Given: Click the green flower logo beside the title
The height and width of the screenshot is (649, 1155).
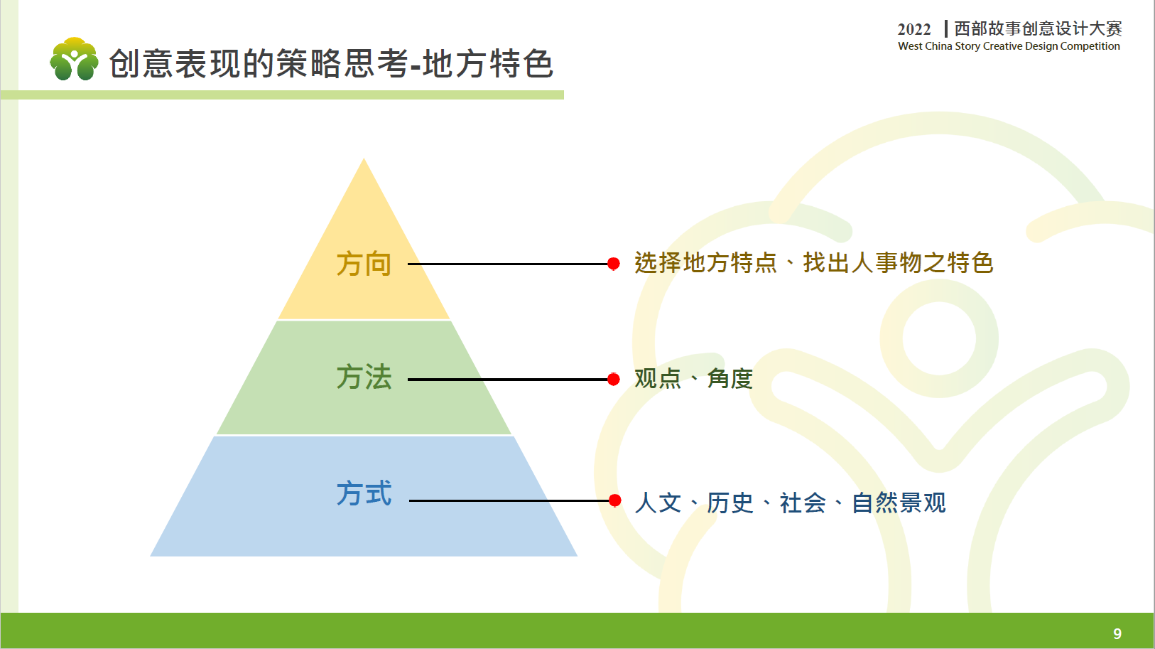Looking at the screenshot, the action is tap(75, 59).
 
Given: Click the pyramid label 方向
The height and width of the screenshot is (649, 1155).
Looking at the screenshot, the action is tap(364, 264).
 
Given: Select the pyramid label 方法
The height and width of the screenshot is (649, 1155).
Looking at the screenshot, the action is tap(364, 377).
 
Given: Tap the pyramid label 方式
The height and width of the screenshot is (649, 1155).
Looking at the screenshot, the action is tap(364, 493).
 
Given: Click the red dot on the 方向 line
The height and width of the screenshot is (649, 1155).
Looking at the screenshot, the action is tap(614, 264).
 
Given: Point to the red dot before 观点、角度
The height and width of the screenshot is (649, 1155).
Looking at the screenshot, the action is tap(614, 380).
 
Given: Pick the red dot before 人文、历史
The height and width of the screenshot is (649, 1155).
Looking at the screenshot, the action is tap(614, 500).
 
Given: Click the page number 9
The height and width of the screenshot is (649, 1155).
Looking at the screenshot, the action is tap(1117, 633).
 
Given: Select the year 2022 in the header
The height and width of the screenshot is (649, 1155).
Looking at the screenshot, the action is tap(914, 29).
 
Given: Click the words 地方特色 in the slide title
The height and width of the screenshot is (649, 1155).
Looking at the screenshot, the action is tap(488, 63).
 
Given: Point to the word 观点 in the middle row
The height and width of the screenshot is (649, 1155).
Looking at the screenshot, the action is tap(658, 379).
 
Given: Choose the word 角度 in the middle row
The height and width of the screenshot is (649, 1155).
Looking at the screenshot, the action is tap(730, 379).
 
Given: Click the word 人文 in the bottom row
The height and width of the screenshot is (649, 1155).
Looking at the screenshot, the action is tap(658, 503).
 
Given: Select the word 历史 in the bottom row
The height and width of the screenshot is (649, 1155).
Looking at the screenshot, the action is tap(730, 503).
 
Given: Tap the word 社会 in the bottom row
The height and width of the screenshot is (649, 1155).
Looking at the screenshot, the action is tap(802, 503).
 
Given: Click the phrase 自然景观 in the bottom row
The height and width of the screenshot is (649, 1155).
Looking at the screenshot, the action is tap(899, 503).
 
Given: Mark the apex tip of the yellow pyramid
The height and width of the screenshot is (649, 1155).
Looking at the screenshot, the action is tap(364, 159).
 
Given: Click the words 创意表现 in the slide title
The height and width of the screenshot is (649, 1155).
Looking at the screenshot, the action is tap(175, 63).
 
